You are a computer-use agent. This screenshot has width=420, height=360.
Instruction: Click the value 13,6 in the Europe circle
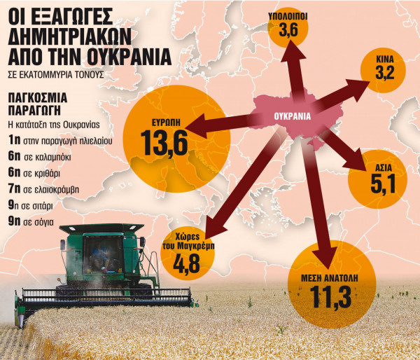pyautogui.click(x=163, y=143)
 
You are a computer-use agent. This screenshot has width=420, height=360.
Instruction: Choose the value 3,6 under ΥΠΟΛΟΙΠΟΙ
pyautogui.click(x=288, y=30)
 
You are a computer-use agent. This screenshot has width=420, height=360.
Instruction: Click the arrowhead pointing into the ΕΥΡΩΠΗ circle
pyautogui.click(x=193, y=130)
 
